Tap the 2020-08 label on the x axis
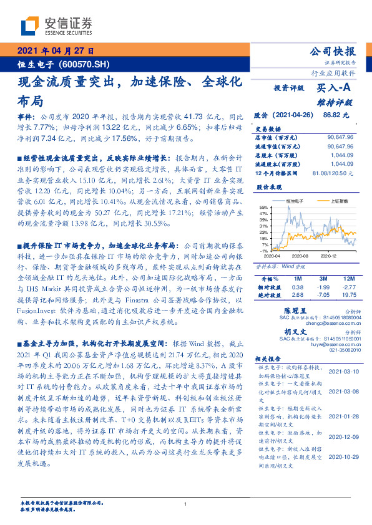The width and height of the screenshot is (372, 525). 300,256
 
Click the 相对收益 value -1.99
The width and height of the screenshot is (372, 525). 322,286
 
